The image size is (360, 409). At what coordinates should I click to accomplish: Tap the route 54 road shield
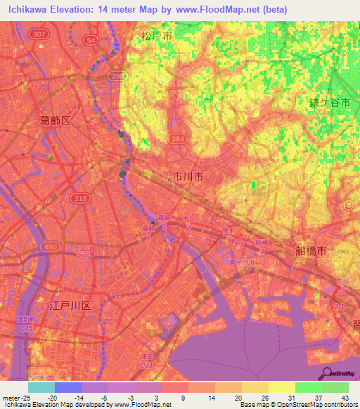click(x=89, y=41)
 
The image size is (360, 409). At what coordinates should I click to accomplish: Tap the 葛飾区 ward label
click(x=55, y=121)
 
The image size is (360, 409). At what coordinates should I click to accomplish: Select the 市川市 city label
click(x=188, y=178)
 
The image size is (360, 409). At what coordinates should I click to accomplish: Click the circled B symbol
click(x=349, y=204)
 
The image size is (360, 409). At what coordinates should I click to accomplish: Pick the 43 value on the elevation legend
click(x=344, y=396)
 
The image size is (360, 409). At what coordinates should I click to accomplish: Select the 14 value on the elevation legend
click(x=211, y=396)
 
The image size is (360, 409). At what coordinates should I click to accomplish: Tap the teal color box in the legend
click(x=41, y=387)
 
